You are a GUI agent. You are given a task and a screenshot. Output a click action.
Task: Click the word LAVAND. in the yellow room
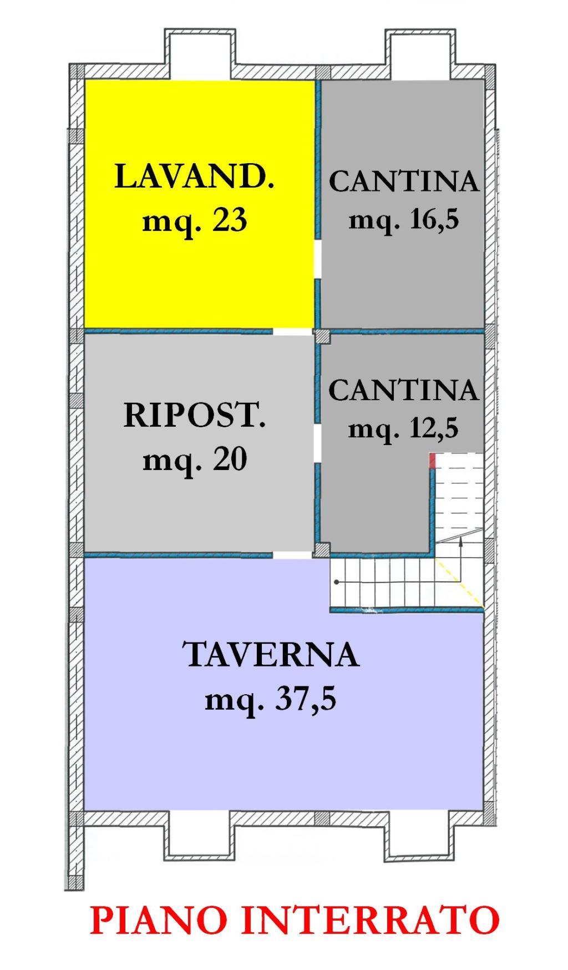tap(194, 178)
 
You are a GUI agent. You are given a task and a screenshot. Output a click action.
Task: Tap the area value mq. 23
tap(194, 221)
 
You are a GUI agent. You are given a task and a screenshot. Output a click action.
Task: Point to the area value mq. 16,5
tap(404, 220)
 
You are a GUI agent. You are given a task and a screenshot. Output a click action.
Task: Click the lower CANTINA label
tap(403, 390)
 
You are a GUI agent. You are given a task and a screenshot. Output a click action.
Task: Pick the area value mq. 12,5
tap(403, 428)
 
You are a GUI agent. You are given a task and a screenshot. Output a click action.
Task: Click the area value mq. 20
tap(194, 460)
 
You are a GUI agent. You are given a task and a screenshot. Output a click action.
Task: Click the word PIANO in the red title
tap(164, 920)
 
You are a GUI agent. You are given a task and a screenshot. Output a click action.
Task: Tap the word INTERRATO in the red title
tap(372, 920)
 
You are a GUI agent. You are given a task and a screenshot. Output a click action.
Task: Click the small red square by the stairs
tap(433, 460)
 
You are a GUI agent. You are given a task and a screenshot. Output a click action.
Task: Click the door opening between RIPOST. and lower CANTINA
tap(318, 444)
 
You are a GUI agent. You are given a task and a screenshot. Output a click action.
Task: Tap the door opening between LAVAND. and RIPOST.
tap(292, 331)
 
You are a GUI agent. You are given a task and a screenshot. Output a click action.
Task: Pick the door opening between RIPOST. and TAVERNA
tap(292, 554)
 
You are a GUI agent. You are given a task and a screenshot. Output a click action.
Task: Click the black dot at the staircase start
tap(337, 582)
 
